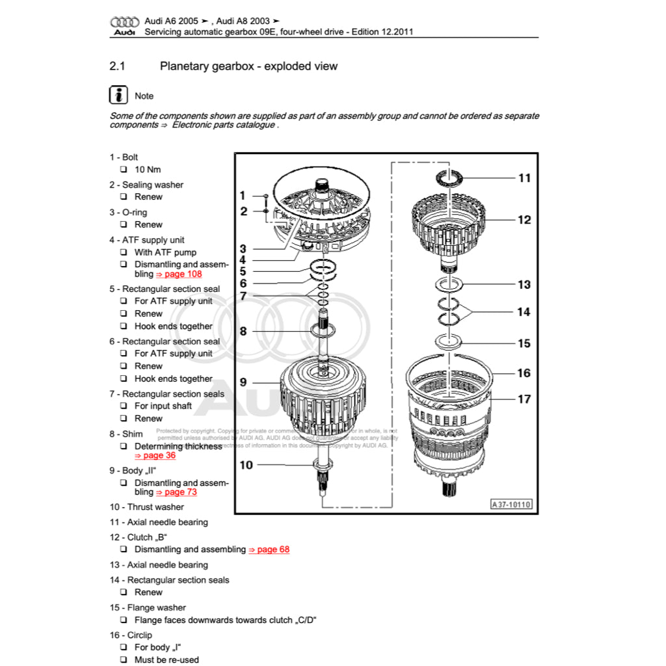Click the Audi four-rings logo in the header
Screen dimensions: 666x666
(x=124, y=21)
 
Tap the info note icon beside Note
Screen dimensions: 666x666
(x=118, y=95)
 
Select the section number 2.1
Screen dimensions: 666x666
(x=117, y=66)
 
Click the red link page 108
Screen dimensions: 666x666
(x=179, y=274)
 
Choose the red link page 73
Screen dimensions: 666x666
(x=176, y=492)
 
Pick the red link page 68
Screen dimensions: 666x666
(x=269, y=550)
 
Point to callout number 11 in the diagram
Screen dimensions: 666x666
(x=524, y=178)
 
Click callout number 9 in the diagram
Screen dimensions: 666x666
(x=243, y=382)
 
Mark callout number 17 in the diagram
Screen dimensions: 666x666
(x=524, y=399)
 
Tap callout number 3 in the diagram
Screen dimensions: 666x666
(x=243, y=248)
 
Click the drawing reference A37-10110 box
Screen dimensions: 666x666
(x=511, y=504)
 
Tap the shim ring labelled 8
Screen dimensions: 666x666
(x=323, y=331)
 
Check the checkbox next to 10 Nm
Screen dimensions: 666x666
(x=124, y=170)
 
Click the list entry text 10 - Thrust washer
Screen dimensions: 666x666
(x=146, y=507)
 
